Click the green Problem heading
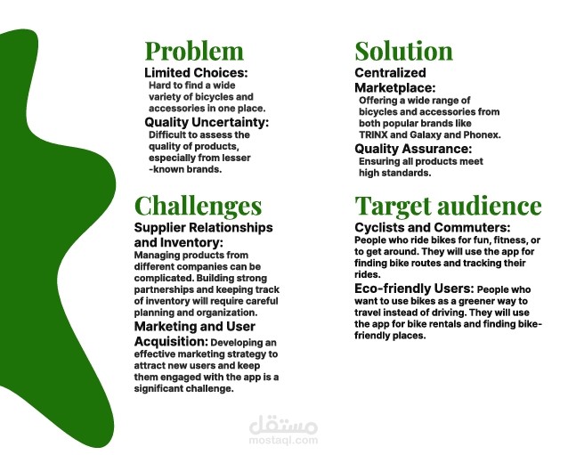pyautogui.click(x=194, y=51)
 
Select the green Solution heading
pyautogui.click(x=404, y=51)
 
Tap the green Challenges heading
pyautogui.click(x=198, y=207)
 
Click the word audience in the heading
pyautogui.click(x=490, y=206)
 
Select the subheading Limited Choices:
pyautogui.click(x=196, y=73)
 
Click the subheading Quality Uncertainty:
pyautogui.click(x=207, y=123)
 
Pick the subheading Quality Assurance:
pyautogui.click(x=413, y=149)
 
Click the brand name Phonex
pyautogui.click(x=482, y=135)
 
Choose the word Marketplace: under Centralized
pyautogui.click(x=395, y=88)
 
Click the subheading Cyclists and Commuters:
pyautogui.click(x=432, y=228)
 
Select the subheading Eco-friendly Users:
pyautogui.click(x=414, y=288)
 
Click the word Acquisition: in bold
pyautogui.click(x=171, y=342)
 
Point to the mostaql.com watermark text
pyautogui.click(x=283, y=441)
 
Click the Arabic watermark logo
pyautogui.click(x=283, y=425)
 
